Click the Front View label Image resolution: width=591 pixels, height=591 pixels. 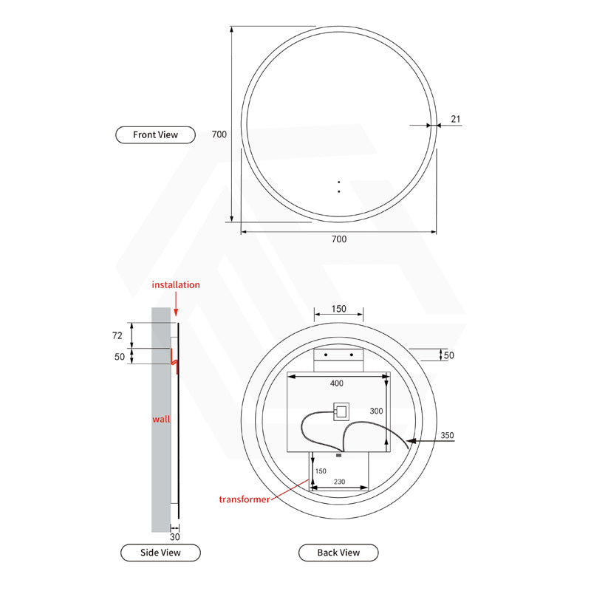[x=155, y=134]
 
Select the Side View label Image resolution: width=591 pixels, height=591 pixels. [x=160, y=552]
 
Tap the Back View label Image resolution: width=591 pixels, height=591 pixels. [x=338, y=552]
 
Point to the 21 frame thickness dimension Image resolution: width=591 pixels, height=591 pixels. [x=455, y=118]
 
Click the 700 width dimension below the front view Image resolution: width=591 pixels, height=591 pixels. [x=338, y=239]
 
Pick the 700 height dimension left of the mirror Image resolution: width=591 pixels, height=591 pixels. [x=219, y=134]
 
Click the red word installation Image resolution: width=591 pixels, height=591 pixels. [x=176, y=284]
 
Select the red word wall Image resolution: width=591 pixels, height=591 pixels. [x=161, y=419]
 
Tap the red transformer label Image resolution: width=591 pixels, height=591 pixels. [x=245, y=499]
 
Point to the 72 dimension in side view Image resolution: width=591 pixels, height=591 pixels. [x=116, y=335]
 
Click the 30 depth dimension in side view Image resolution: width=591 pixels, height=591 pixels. [x=175, y=537]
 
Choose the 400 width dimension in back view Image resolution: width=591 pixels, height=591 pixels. [x=337, y=383]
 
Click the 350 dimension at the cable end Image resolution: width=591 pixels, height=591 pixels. [x=447, y=436]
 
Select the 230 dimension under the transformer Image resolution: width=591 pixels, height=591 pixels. [x=340, y=481]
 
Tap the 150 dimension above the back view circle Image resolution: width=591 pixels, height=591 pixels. [x=338, y=310]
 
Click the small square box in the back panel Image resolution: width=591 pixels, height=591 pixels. [x=341, y=411]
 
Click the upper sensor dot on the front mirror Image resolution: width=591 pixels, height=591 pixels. [x=338, y=182]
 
